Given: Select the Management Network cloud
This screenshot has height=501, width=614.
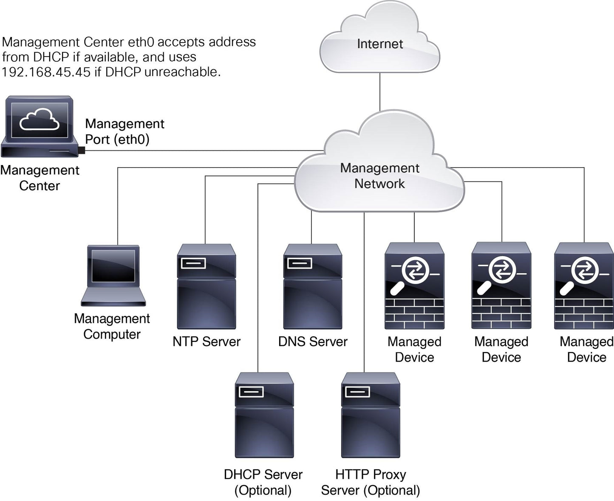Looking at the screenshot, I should [x=379, y=175].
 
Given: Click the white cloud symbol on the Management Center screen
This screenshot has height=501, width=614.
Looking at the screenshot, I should [x=40, y=119].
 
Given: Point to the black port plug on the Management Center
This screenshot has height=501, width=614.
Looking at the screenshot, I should [x=82, y=150].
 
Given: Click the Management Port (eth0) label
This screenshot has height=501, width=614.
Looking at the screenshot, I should [x=124, y=131].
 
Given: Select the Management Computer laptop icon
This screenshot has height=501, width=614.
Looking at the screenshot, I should [x=113, y=275].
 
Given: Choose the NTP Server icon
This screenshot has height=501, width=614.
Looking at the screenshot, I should [x=206, y=286].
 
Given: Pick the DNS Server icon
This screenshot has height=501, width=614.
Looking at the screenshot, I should [x=312, y=286].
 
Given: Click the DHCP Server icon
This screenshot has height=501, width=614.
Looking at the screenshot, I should [x=264, y=415].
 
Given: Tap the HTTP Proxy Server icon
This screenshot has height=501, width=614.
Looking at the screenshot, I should [x=371, y=415].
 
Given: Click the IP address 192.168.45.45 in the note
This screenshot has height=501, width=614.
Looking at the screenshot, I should [x=46, y=72].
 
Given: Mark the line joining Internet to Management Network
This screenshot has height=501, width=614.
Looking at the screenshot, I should [x=380, y=91].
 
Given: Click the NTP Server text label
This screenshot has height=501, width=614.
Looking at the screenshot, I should [x=206, y=342].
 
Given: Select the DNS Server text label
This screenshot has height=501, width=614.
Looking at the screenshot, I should [x=312, y=342].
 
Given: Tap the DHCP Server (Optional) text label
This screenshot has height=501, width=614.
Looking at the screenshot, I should [x=263, y=482].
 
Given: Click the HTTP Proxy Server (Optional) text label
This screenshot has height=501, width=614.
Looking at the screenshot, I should [x=371, y=482].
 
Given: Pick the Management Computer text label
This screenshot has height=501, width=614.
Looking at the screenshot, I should [x=112, y=326].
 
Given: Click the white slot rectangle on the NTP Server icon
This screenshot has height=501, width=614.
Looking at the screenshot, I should [x=193, y=263].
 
